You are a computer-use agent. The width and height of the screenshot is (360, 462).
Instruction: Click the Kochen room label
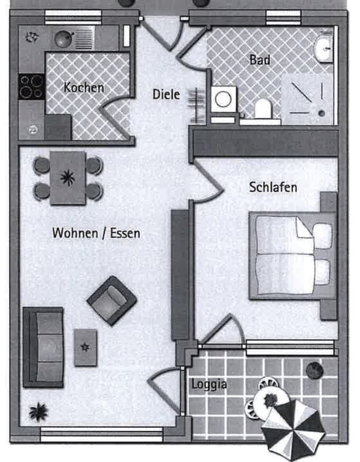(84, 87)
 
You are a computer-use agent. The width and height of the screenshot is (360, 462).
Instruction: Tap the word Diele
(166, 94)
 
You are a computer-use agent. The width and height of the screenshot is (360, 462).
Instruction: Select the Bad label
(260, 60)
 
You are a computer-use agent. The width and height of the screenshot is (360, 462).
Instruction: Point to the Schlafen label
(273, 187)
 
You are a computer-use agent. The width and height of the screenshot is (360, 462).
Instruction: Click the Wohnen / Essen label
(96, 232)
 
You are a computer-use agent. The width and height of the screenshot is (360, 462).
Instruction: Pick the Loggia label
(209, 384)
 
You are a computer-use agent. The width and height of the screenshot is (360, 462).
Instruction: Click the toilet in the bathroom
(263, 109)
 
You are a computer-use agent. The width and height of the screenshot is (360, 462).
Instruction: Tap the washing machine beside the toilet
(224, 99)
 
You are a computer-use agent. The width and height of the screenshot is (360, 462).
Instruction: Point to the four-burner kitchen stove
(31, 87)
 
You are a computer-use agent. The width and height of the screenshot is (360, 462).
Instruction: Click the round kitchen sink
(64, 39)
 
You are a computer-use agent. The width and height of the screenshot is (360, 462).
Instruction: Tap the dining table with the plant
(68, 178)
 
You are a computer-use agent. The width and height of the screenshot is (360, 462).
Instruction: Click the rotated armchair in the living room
(112, 301)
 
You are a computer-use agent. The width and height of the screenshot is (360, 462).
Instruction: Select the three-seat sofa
(43, 346)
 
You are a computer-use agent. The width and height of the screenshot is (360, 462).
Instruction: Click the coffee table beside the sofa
(85, 347)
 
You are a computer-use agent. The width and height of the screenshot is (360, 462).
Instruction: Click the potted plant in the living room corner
(38, 411)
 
